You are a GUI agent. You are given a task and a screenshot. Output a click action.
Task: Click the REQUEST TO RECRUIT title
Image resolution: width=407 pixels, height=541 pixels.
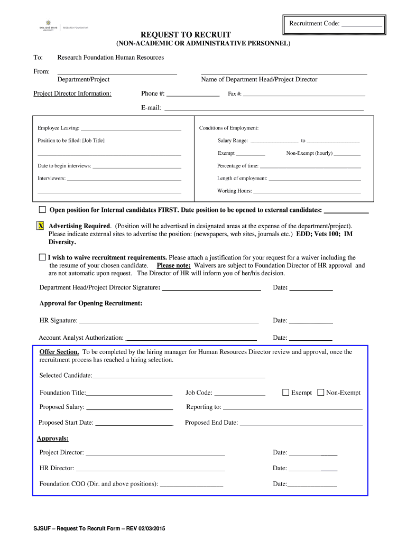[x=203, y=34]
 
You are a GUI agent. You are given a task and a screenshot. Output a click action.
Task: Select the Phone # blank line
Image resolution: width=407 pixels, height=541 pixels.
[x=193, y=96]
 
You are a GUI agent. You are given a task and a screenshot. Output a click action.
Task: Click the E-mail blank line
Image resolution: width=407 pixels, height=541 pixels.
[x=264, y=109]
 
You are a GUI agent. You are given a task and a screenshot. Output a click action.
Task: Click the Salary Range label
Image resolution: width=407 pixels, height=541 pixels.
[x=233, y=141]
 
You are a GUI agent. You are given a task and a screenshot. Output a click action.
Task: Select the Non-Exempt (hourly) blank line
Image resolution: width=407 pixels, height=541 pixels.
[x=347, y=155]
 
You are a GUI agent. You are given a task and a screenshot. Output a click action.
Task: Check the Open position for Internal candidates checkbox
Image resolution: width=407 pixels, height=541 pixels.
[x=42, y=209]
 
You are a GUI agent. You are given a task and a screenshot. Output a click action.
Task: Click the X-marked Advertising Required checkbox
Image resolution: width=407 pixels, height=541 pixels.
[x=41, y=226]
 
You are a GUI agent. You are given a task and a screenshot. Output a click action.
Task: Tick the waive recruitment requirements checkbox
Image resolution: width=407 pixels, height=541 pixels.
[x=42, y=257]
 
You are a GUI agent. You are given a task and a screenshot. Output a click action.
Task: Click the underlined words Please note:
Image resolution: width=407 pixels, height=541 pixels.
[x=173, y=265]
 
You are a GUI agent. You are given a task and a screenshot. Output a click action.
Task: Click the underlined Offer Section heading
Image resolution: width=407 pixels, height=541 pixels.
[x=59, y=352]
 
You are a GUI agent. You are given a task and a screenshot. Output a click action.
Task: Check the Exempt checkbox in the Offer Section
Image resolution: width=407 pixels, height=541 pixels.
[x=286, y=393]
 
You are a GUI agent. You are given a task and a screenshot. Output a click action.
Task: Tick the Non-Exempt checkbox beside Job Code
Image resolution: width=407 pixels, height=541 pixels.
[x=321, y=393]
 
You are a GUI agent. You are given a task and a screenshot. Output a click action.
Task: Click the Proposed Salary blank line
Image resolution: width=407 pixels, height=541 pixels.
[x=129, y=409]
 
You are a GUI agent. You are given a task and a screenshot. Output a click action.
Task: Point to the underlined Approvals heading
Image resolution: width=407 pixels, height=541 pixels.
[x=53, y=439]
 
